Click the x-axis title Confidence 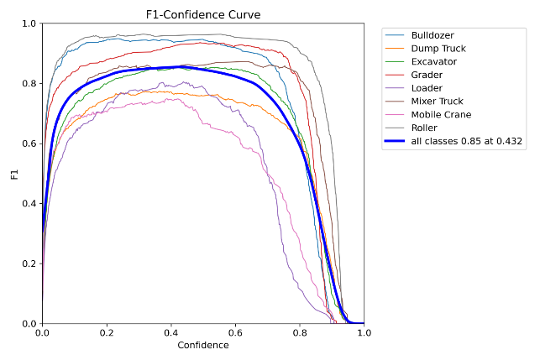tap(202, 345)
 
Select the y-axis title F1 tap(13, 174)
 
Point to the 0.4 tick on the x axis tap(170, 333)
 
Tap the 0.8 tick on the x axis tap(300, 333)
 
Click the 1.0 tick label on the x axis tap(364, 333)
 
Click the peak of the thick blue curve tap(181, 67)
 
